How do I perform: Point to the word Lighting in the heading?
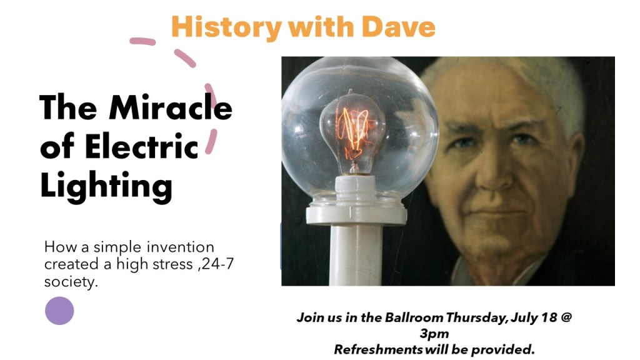point(106,186)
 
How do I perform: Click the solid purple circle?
point(59,311)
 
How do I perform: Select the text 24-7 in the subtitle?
point(218,264)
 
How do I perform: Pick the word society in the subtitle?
point(71,282)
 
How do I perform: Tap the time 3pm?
point(434,333)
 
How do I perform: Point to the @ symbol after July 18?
point(566,317)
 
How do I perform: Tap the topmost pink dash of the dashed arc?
point(142,42)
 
